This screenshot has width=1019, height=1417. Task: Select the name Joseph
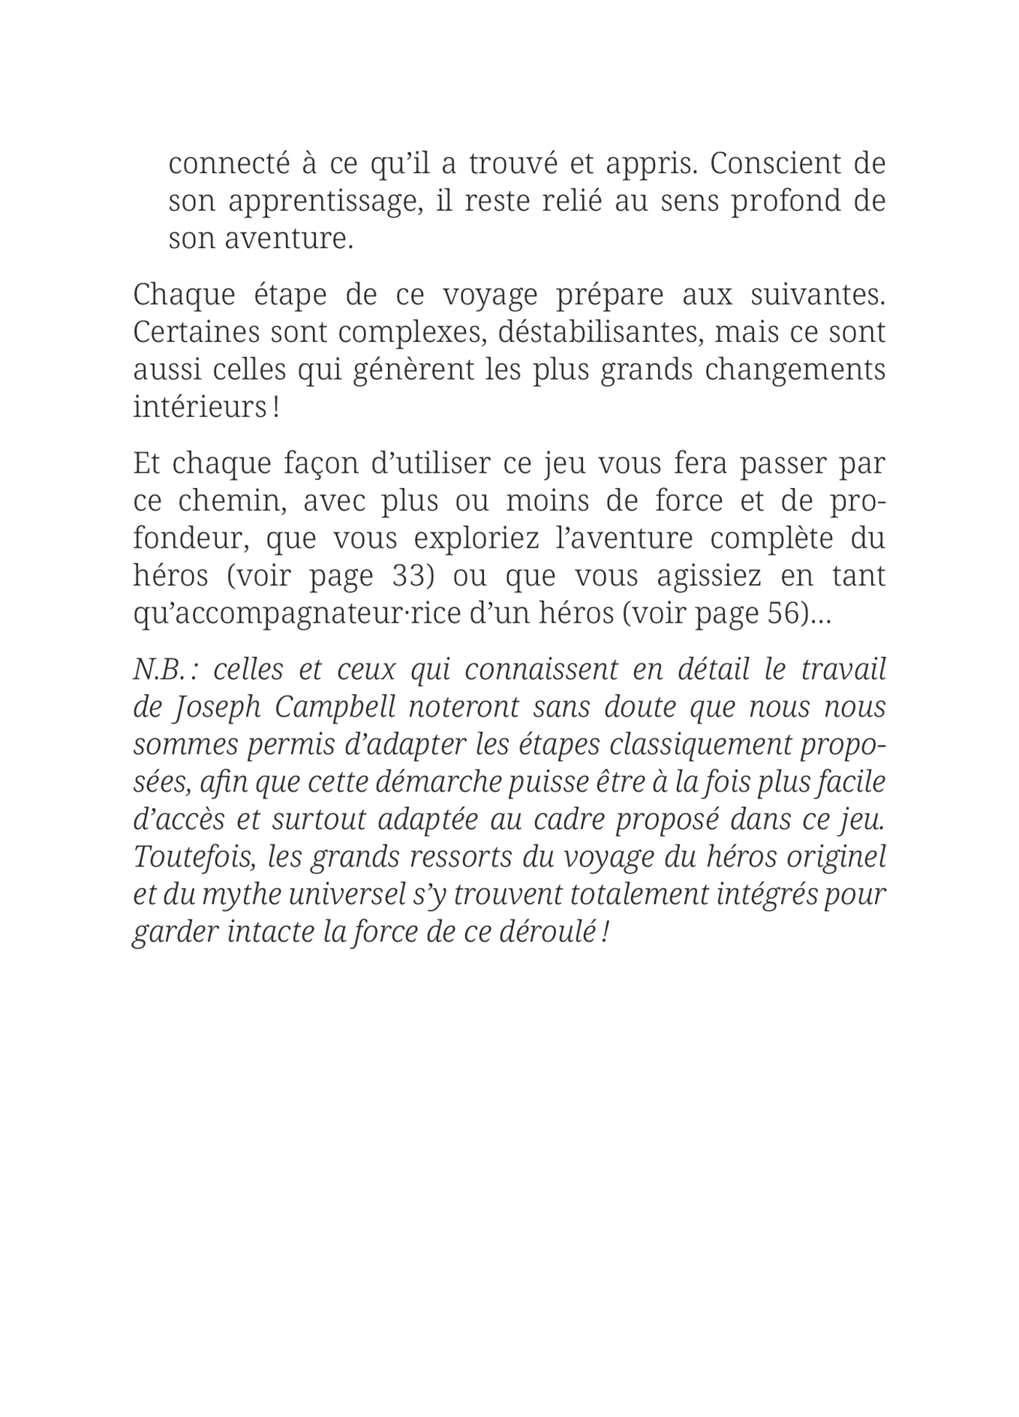coord(218,708)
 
